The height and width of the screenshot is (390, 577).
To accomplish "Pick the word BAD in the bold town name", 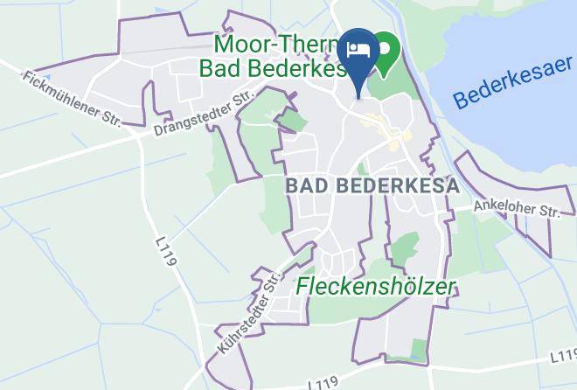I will click(x=307, y=185).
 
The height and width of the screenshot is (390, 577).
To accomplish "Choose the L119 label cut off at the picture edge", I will click(x=565, y=355).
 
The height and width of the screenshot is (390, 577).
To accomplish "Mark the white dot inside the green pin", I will click(x=385, y=45).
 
